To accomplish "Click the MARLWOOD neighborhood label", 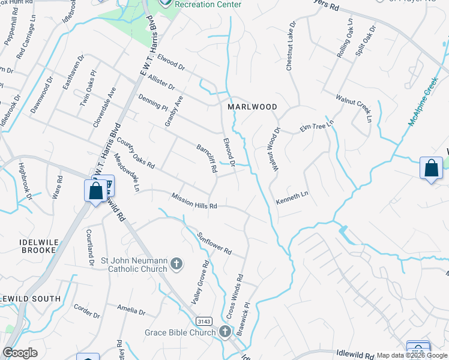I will pyautogui.click(x=252, y=107).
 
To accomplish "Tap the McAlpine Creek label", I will pyautogui.click(x=423, y=101).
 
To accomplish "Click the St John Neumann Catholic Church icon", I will pyautogui.click(x=176, y=263).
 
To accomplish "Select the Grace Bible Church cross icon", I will pyautogui.click(x=224, y=332).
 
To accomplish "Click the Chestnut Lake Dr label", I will pyautogui.click(x=291, y=47).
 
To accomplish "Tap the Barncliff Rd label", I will pyautogui.click(x=206, y=158).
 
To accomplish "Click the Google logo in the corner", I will pyautogui.click(x=20, y=353).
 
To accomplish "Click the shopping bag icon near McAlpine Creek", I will pyautogui.click(x=432, y=168).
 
